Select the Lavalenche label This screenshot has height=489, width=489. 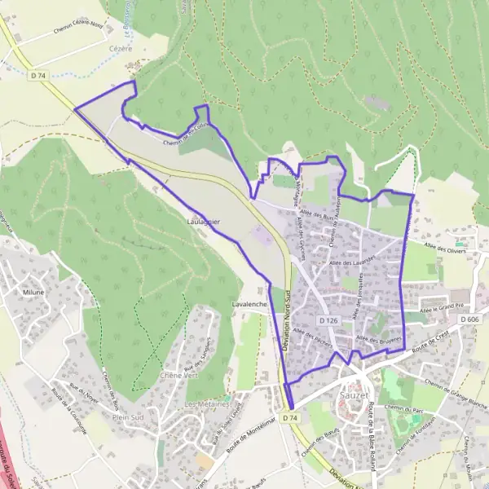(250, 303)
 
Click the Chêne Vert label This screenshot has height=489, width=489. (180, 375)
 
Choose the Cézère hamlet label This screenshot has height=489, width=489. (121, 49)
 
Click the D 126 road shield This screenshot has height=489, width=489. (329, 321)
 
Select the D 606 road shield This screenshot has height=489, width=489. (469, 319)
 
